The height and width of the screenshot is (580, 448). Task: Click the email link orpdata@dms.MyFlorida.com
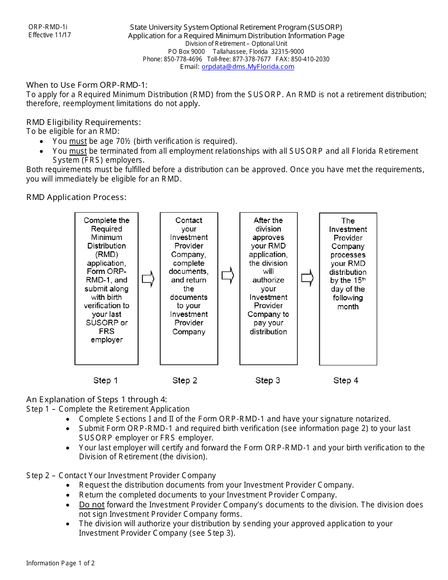[248, 67]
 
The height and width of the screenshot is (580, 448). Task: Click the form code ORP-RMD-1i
[48, 27]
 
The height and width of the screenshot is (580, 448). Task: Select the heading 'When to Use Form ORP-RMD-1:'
[87, 85]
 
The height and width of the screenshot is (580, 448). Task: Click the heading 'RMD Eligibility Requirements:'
[83, 122]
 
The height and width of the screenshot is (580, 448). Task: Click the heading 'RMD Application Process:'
[76, 197]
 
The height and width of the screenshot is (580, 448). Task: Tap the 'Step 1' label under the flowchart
[106, 381]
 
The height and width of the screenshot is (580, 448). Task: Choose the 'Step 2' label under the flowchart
[185, 381]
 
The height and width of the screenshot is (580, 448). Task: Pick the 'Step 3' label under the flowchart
[267, 381]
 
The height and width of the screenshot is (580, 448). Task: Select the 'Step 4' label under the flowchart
[346, 381]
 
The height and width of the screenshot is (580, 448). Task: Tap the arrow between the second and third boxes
[228, 276]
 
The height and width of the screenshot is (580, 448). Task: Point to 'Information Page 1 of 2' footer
[60, 563]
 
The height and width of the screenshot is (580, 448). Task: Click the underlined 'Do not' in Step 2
[91, 505]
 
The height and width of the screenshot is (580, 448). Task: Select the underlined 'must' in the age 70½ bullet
[78, 141]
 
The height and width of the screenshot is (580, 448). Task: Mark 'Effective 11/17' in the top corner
[50, 35]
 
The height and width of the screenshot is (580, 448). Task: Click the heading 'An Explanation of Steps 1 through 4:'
[97, 399]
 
